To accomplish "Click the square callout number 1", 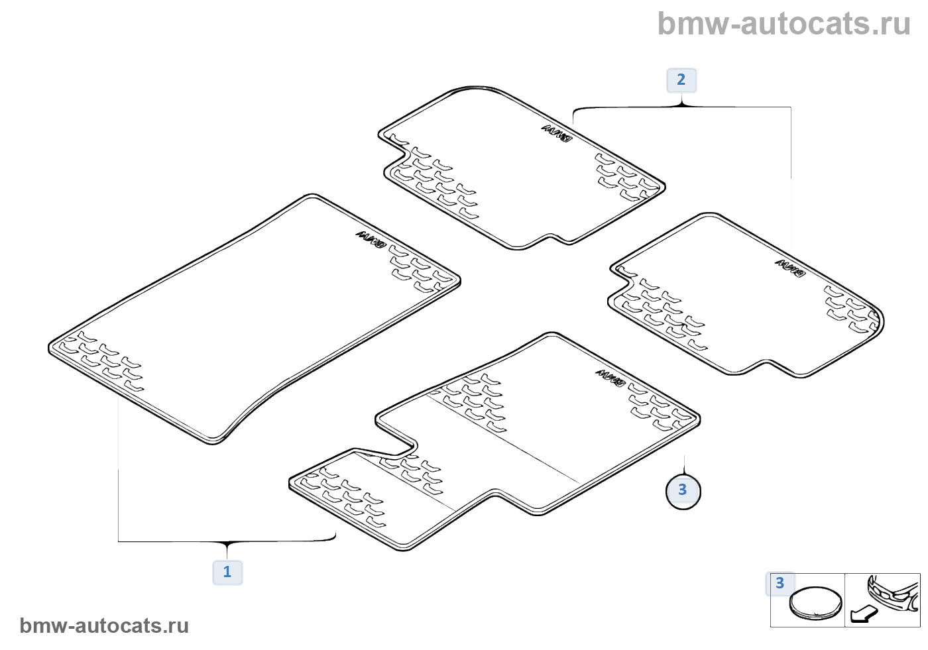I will click(227, 572).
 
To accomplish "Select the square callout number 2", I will click(681, 80).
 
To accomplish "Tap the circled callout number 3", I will click(683, 491).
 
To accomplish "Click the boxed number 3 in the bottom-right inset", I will click(780, 583).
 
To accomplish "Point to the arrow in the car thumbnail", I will click(863, 614).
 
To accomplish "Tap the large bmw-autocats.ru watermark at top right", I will click(783, 25).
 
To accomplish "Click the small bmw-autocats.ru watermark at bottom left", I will click(104, 626).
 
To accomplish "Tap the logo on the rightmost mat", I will click(789, 268).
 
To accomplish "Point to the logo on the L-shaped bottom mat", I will click(610, 378).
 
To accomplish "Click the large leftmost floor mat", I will click(252, 318).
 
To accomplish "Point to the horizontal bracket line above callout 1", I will click(227, 541).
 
